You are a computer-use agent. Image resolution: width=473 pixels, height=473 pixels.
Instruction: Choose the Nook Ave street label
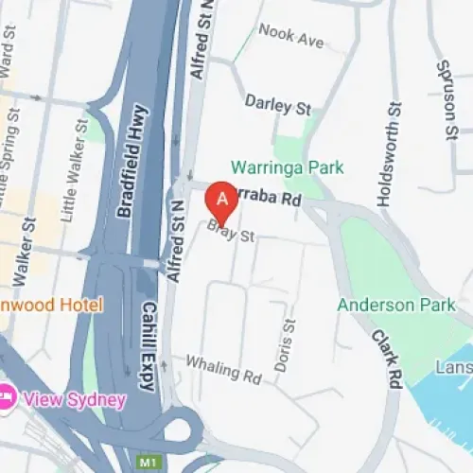[290, 41]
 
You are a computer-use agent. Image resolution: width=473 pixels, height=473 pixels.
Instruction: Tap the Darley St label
[278, 104]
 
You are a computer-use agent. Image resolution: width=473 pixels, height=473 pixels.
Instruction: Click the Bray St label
[233, 232]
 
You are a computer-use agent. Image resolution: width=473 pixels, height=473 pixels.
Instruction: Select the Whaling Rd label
[223, 369]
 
